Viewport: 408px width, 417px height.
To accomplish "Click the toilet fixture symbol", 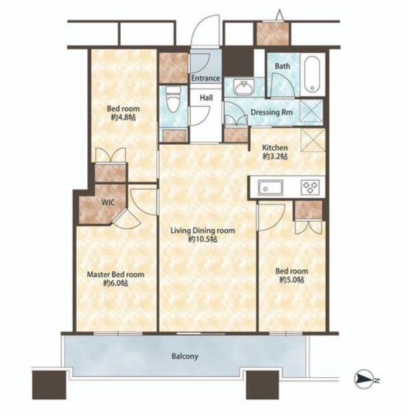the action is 173,100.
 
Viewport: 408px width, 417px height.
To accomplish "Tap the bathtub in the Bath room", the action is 312,74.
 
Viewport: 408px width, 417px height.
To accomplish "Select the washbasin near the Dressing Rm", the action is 243,87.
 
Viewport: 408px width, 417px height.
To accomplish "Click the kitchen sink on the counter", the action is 271,188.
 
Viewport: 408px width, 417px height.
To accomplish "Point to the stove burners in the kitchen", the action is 310,188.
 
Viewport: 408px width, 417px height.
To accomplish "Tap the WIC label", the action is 108,203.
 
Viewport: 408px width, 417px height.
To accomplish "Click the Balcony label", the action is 184,356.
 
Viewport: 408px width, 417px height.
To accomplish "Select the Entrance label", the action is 206,78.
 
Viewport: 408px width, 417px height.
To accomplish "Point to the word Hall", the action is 206,98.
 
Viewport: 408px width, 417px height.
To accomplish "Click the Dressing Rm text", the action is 272,112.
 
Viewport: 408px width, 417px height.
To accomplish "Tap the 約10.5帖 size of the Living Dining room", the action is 203,239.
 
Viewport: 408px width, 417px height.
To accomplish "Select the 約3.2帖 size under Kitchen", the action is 275,157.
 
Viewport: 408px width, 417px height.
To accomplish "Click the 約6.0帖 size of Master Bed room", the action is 116,283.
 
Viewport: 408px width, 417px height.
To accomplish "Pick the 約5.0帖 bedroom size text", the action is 291,280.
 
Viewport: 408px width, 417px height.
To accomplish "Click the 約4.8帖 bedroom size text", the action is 123,117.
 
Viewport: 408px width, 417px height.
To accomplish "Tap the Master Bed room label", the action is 116,275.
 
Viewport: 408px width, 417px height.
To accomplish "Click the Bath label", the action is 283,66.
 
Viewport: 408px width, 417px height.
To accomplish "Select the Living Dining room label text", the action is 202,231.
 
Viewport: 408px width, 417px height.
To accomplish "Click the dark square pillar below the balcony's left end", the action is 49,385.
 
